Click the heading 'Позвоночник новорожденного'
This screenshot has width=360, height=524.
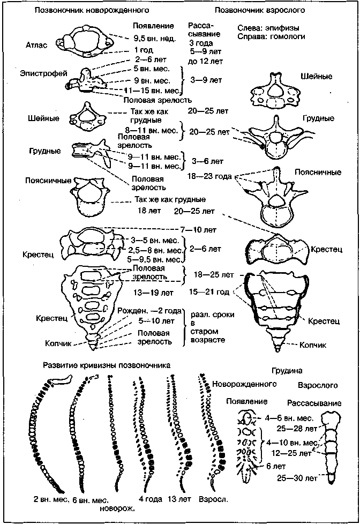pyautogui.click(x=92, y=10)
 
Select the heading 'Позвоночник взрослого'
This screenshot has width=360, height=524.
pyautogui.click(x=260, y=10)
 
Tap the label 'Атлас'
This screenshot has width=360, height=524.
pyautogui.click(x=36, y=45)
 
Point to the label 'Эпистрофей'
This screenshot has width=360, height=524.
pyautogui.click(x=43, y=73)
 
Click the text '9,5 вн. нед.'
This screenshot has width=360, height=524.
pyautogui.click(x=155, y=39)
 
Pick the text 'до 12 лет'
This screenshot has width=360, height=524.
pyautogui.click(x=205, y=61)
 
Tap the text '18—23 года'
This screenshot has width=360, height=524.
pyautogui.click(x=209, y=176)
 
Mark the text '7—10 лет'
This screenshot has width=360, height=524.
pyautogui.click(x=198, y=230)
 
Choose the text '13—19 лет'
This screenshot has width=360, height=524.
pyautogui.click(x=153, y=293)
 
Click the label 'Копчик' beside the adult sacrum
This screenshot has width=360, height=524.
pyautogui.click(x=313, y=345)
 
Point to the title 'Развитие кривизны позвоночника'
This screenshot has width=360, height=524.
pyautogui.click(x=107, y=365)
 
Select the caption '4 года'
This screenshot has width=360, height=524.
pyautogui.click(x=151, y=499)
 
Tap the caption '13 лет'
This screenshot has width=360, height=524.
pyautogui.click(x=179, y=499)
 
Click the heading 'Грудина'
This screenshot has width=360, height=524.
pyautogui.click(x=287, y=371)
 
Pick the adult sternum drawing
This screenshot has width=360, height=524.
pyautogui.click(x=331, y=448)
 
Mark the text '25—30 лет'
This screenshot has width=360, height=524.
pyautogui.click(x=297, y=478)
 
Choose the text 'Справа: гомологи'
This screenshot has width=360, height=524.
pyautogui.click(x=272, y=36)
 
